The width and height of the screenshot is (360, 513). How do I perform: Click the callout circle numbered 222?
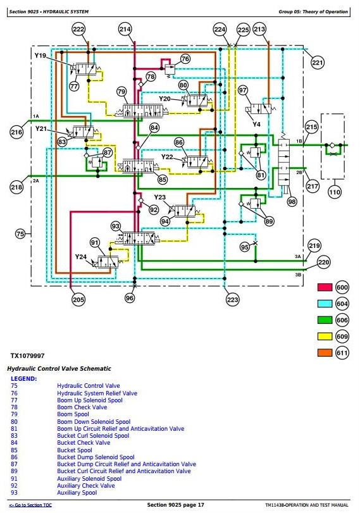pyautogui.click(x=78, y=30)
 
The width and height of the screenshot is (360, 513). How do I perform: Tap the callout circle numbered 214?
pyautogui.click(x=125, y=30)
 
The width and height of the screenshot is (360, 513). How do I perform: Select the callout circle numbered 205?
pyautogui.click(x=78, y=299)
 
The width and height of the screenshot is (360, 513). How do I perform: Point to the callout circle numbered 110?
pyautogui.click(x=335, y=192)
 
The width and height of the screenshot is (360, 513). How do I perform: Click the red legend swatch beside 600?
pyautogui.click(x=325, y=287)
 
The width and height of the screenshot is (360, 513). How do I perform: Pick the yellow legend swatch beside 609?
pyautogui.click(x=325, y=337)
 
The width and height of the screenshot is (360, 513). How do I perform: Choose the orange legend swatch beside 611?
pyautogui.click(x=325, y=353)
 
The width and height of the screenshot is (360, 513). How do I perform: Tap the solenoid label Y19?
pyautogui.click(x=40, y=56)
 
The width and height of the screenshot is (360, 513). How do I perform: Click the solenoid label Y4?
pyautogui.click(x=256, y=125)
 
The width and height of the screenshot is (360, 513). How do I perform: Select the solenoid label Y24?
pyautogui.click(x=81, y=257)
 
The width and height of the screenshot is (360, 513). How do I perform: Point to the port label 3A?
pyautogui.click(x=297, y=257)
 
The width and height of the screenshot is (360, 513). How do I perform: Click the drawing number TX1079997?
pyautogui.click(x=27, y=355)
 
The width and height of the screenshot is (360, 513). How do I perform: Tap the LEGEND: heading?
pyautogui.click(x=24, y=379)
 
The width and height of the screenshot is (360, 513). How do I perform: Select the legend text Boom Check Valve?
pyautogui.click(x=82, y=407)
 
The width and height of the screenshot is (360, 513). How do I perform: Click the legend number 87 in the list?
pyautogui.click(x=14, y=464)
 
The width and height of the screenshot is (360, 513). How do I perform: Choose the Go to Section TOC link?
pyautogui.click(x=30, y=505)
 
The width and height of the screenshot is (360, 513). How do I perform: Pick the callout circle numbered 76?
pyautogui.click(x=185, y=59)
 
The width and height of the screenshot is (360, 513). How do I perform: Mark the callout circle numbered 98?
pyautogui.click(x=292, y=202)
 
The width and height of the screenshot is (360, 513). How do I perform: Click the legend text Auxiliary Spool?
pyautogui.click(x=77, y=493)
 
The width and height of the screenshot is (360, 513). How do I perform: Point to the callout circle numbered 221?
pyautogui.click(x=318, y=62)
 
